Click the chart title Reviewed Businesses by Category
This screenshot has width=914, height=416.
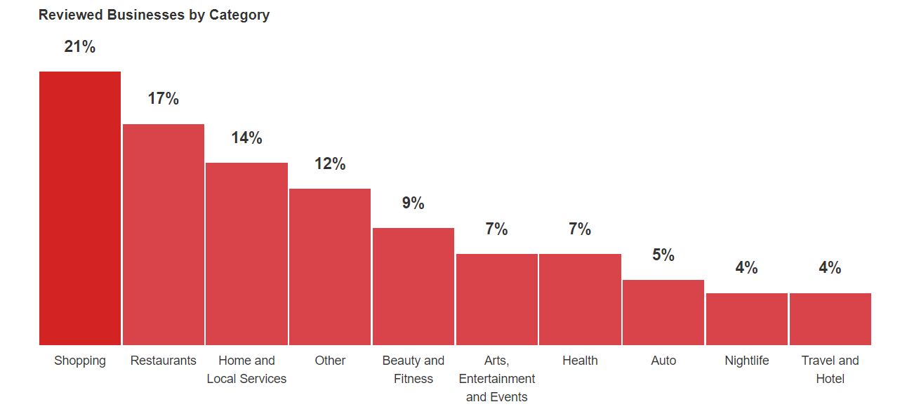(x=154, y=15)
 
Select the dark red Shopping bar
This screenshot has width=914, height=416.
(x=80, y=208)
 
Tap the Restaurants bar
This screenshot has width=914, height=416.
(x=163, y=234)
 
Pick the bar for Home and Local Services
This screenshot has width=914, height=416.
(x=247, y=254)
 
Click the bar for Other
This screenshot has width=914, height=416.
(x=330, y=267)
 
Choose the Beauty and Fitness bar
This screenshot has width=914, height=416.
(x=413, y=286)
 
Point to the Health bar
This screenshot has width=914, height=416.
(x=581, y=300)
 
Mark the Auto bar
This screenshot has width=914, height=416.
(x=663, y=312)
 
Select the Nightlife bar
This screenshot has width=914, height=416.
(x=747, y=319)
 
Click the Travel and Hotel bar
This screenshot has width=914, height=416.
(x=830, y=319)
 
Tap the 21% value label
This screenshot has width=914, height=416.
(x=80, y=46)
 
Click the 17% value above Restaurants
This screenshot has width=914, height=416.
(x=163, y=98)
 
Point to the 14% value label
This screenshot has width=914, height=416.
(x=247, y=137)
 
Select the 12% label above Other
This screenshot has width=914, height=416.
(x=330, y=163)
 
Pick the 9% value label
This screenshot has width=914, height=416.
(x=413, y=203)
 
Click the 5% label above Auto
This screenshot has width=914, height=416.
(x=663, y=255)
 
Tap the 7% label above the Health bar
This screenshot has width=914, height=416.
(x=581, y=229)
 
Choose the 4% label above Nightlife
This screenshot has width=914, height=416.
(x=747, y=267)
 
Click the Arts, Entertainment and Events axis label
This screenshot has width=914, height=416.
(x=496, y=379)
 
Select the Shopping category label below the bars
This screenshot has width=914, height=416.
(x=80, y=361)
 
